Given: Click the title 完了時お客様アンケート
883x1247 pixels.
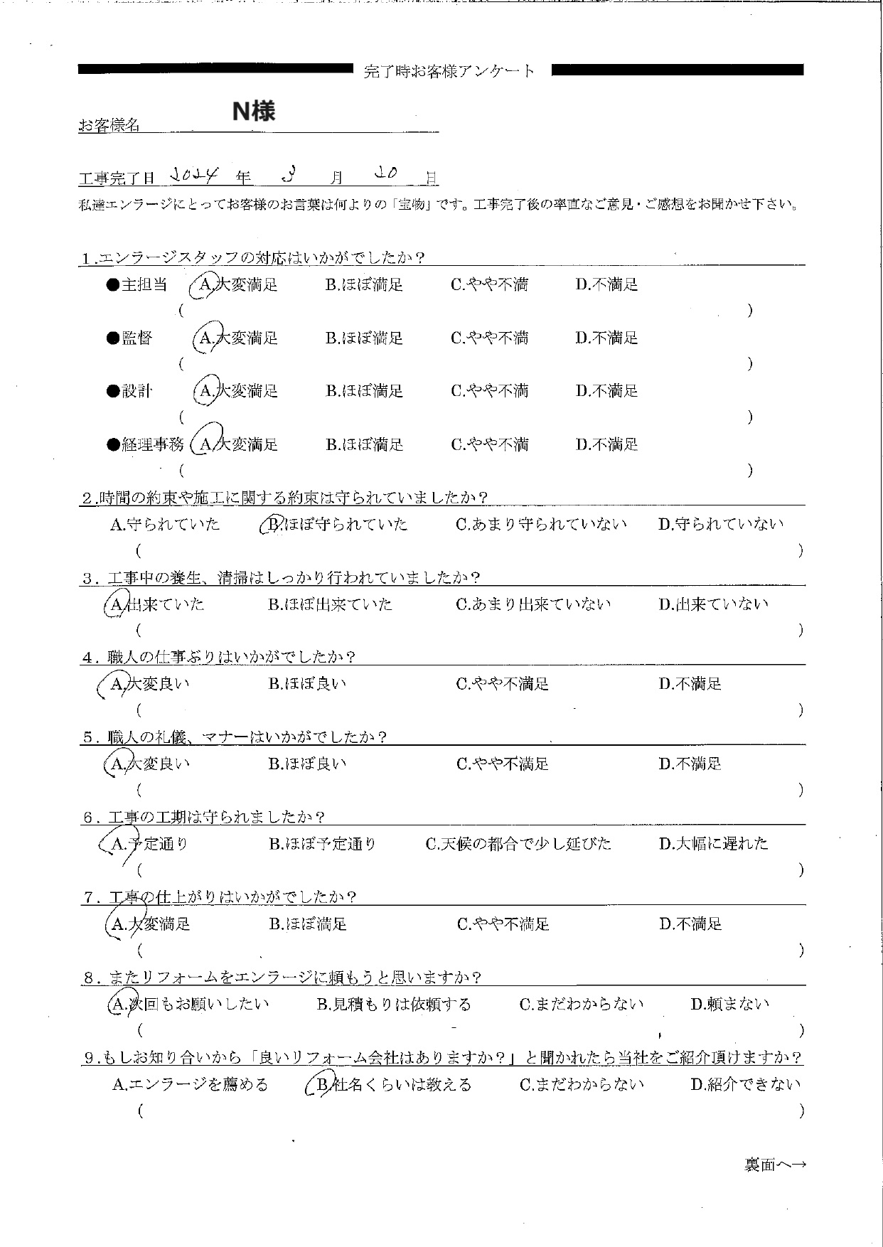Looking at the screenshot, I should point(449,71).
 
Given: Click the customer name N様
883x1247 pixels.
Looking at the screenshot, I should point(254,111).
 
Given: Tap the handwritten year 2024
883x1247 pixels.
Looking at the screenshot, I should point(197,175).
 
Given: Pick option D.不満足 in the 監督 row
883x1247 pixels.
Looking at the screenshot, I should point(606,338).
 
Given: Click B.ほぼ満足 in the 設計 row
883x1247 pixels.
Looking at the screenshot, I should point(364,391).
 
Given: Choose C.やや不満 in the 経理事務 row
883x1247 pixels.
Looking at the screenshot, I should point(489,445).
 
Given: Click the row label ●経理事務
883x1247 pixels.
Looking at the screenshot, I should point(145,445).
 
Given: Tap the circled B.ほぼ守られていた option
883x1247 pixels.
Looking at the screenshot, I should point(334,525).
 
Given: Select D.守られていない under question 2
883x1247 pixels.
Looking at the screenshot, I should point(721,525).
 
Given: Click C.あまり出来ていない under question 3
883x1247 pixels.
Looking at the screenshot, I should point(533,605).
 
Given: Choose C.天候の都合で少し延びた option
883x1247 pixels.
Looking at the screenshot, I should point(518,844).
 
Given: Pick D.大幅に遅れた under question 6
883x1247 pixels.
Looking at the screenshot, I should point(713,844).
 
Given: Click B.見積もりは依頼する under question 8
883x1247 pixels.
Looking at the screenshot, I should point(393,1005).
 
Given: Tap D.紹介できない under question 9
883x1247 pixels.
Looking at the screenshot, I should point(745,1085).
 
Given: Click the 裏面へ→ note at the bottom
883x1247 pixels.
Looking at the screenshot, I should point(775,1165).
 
